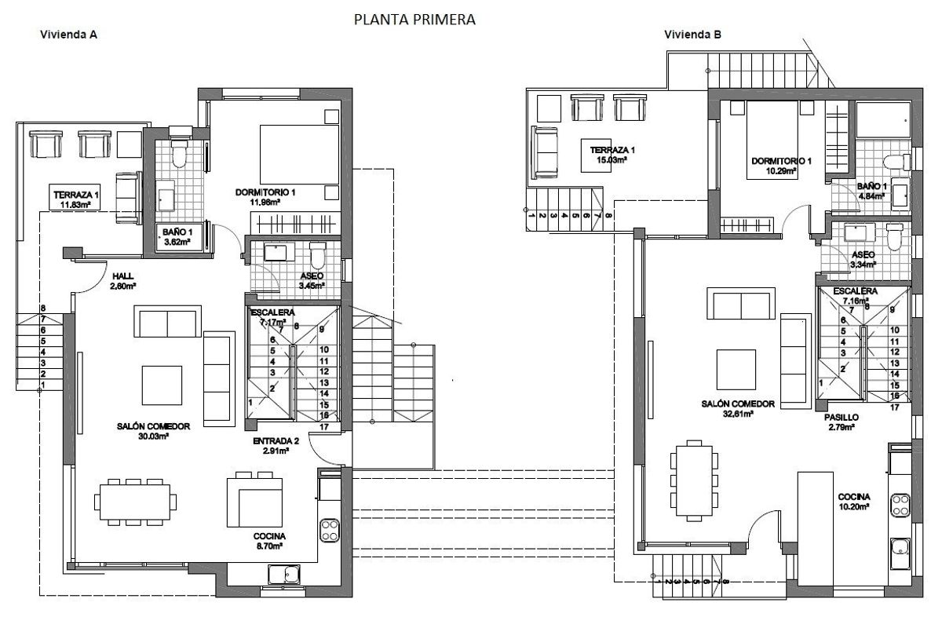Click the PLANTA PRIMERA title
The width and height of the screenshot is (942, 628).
pos(414,18)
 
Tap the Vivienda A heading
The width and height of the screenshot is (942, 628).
pos(68,35)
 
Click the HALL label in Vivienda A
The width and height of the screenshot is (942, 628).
pos(123,276)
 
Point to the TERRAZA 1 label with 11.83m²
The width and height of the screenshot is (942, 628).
pos(76,195)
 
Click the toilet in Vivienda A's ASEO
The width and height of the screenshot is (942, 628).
pos(317,255)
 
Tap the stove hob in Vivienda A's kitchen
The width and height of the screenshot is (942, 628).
pos(328,528)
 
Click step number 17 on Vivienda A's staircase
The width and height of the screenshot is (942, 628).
pos(323,427)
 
